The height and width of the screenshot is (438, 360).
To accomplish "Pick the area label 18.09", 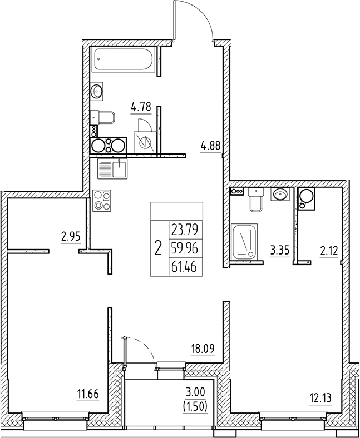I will [x=204, y=349].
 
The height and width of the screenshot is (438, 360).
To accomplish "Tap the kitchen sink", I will [x=112, y=168].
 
